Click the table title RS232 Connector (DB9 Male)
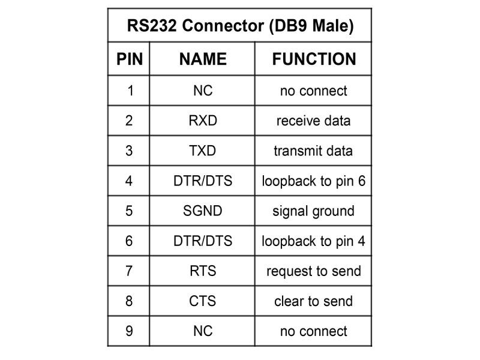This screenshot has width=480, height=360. [x=239, y=26]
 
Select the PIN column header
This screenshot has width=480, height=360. [x=130, y=59]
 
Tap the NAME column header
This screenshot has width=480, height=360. [x=203, y=59]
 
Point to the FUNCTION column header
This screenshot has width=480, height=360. [x=314, y=59]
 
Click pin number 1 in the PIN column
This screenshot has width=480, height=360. [x=130, y=91]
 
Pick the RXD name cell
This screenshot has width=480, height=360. [x=203, y=121]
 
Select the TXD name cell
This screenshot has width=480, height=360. [x=203, y=151]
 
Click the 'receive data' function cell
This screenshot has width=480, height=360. [x=313, y=121]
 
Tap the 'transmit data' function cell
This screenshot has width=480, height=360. [x=313, y=151]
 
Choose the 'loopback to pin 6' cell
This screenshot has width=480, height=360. [x=313, y=181]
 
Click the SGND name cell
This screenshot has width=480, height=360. [x=203, y=211]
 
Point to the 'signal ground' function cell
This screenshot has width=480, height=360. [x=313, y=211]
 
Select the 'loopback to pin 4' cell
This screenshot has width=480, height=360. [x=313, y=241]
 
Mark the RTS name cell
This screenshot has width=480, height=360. [x=203, y=271]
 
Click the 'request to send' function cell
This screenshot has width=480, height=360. [x=313, y=271]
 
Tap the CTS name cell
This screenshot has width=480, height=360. [x=203, y=301]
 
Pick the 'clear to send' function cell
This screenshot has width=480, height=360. [x=313, y=301]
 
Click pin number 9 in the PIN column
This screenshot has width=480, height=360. [x=130, y=331]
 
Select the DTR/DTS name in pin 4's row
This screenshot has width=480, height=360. [x=203, y=181]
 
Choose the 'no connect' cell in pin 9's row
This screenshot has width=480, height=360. [x=313, y=331]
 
